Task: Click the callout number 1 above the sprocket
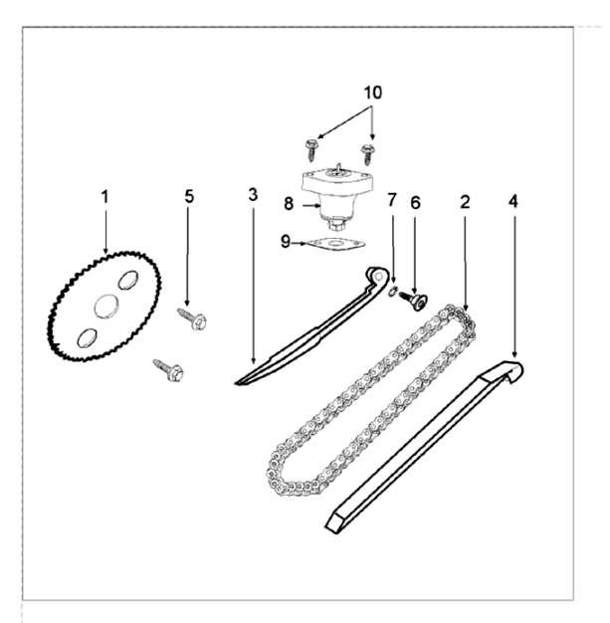pyautogui.click(x=104, y=197)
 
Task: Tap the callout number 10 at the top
pyautogui.click(x=373, y=93)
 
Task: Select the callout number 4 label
pyautogui.click(x=513, y=201)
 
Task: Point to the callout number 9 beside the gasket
pyautogui.click(x=286, y=241)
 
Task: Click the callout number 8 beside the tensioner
pyautogui.click(x=289, y=203)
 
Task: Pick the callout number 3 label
pyautogui.click(x=253, y=195)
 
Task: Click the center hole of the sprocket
pyautogui.click(x=106, y=306)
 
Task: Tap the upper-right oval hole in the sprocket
pyautogui.click(x=128, y=280)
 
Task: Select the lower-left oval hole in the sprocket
pyautogui.click(x=87, y=337)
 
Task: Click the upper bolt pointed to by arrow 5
pyautogui.click(x=192, y=318)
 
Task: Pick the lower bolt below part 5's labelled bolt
pyautogui.click(x=168, y=370)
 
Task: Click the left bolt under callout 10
pyautogui.click(x=311, y=150)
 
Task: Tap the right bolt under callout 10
pyautogui.click(x=368, y=154)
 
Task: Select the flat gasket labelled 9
pyautogui.click(x=336, y=244)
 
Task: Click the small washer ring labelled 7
pyautogui.click(x=392, y=291)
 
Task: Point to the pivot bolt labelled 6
pyautogui.click(x=413, y=300)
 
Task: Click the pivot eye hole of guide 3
pyautogui.click(x=380, y=276)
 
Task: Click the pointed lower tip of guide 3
pyautogui.click(x=236, y=384)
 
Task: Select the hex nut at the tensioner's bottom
pyautogui.click(x=336, y=225)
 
